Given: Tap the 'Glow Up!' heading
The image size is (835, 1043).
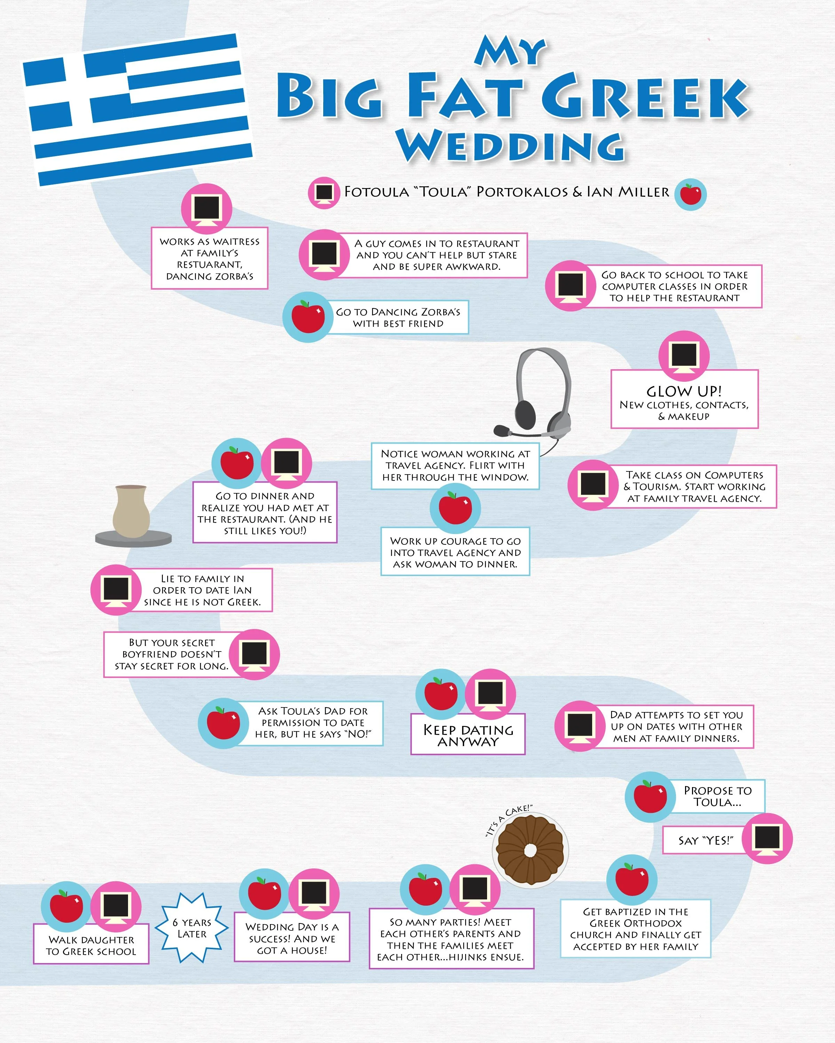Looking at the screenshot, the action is (x=684, y=391).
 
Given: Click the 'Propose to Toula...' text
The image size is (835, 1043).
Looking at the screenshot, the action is (x=717, y=796).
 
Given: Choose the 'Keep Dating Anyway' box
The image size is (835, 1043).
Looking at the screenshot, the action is (x=468, y=735).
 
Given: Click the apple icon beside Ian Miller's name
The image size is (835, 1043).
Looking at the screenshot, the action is (x=691, y=194).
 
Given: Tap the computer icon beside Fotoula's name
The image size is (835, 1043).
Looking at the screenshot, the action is (x=324, y=193).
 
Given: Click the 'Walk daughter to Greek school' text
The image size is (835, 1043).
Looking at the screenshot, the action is (x=91, y=945).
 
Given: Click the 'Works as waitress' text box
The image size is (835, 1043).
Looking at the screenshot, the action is (x=209, y=259).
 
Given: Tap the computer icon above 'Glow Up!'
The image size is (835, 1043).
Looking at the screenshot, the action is (x=684, y=356).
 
